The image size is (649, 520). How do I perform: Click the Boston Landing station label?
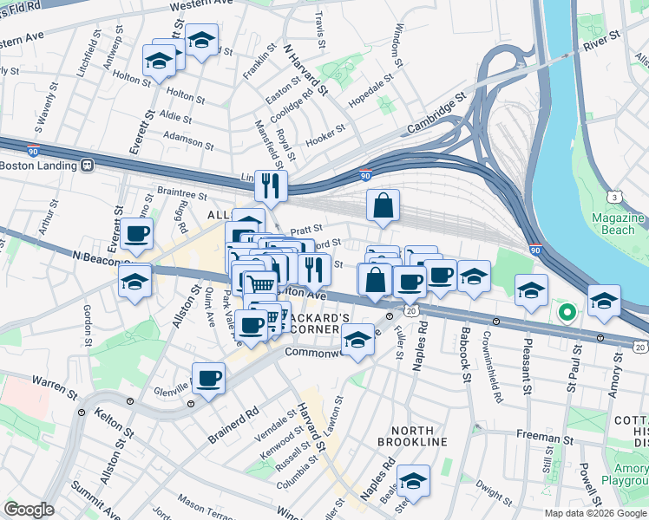coord(40,165)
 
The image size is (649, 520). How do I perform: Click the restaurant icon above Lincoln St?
coord(271,185)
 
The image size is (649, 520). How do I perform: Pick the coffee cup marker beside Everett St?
coord(137,233)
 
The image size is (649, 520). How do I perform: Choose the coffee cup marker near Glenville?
coord(208,379)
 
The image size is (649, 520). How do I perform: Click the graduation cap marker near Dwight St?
coord(414,480)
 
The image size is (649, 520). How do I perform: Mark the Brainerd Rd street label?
coord(233,425)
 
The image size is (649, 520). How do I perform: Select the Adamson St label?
coord(188,137)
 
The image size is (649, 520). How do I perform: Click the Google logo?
coord(29,510)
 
